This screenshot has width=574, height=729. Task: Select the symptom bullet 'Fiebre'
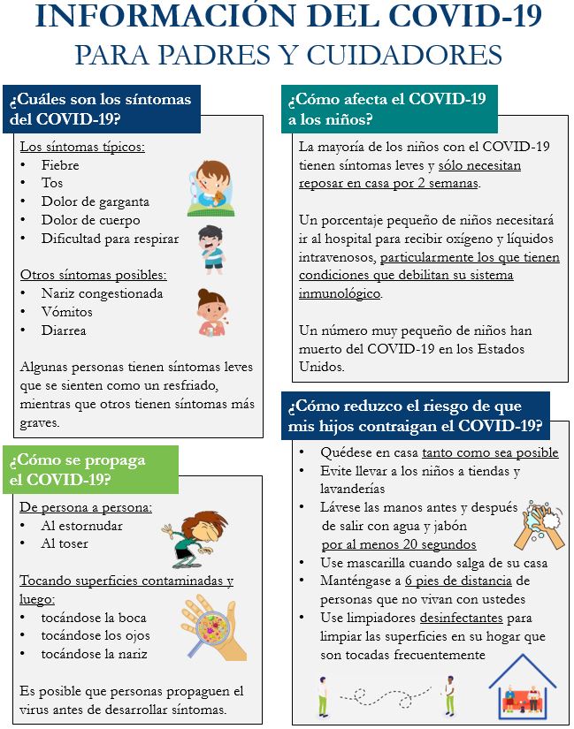(60, 165)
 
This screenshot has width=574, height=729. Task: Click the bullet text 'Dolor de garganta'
(96, 201)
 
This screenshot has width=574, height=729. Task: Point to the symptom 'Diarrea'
(64, 330)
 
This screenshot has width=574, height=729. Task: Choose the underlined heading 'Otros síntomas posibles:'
(93, 275)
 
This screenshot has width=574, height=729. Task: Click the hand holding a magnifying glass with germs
(209, 629)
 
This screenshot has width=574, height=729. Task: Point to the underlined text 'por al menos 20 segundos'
(399, 544)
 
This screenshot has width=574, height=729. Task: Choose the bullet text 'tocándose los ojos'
(96, 635)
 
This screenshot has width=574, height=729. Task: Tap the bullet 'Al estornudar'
(82, 526)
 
